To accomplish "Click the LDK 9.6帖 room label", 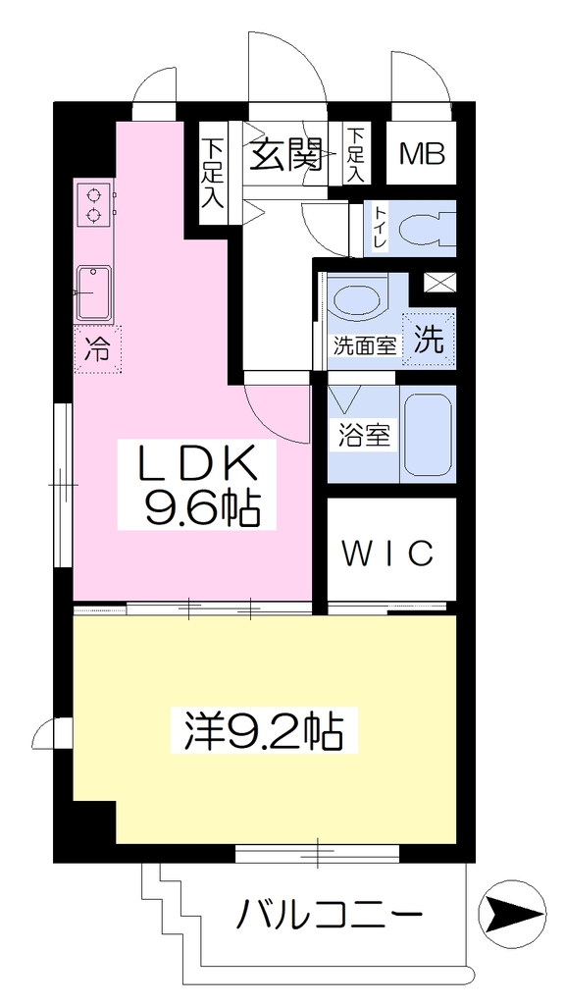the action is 197,484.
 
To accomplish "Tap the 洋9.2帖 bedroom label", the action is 263,731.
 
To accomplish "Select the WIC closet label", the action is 388,554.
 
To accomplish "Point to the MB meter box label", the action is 422,154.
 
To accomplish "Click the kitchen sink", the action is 93,292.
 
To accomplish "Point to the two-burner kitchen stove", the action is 95,204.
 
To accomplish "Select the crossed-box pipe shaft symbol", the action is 438,281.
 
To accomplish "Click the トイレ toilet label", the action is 380,228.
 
